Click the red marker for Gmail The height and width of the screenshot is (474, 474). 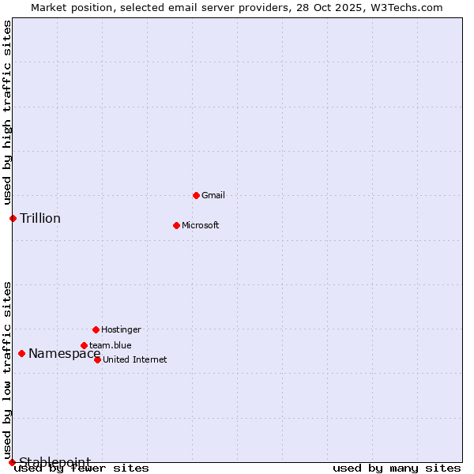coord(196,195)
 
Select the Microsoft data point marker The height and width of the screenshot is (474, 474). coord(176,225)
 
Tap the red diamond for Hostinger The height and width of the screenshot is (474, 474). coord(96,329)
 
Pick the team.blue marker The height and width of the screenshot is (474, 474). coord(84,345)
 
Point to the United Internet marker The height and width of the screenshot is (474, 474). coord(97,359)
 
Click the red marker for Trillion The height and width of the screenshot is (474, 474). coord(13,218)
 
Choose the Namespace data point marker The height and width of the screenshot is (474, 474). coord(21,353)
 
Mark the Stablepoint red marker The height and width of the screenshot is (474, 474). coord(12,462)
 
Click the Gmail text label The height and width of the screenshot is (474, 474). coord(213,195)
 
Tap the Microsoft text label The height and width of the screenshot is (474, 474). coord(201,225)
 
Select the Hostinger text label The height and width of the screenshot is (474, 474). coord(121,329)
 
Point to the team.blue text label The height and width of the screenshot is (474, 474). coord(111,345)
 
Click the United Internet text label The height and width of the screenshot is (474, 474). coord(135,359)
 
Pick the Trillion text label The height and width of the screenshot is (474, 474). coord(40,218)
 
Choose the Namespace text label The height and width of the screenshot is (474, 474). coord(65,353)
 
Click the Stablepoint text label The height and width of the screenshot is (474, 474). coord(55,462)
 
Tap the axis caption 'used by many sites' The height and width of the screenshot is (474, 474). coord(397,468)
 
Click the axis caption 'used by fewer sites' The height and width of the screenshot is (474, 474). coord(81,468)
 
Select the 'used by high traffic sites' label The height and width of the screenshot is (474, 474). coord(7,111)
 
